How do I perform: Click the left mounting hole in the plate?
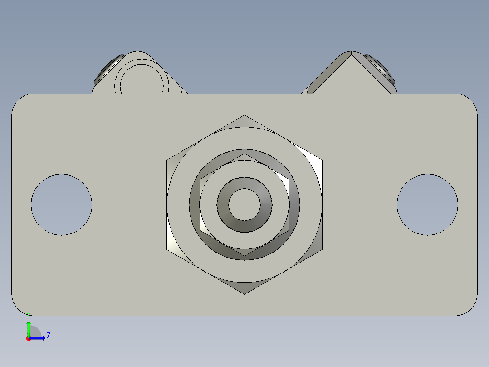(61, 204)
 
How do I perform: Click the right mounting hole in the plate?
(427, 204)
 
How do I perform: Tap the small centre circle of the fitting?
(244, 204)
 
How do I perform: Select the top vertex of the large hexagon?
(244, 115)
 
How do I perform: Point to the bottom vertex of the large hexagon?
(244, 294)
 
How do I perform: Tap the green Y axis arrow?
(29, 328)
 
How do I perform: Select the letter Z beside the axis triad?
(49, 336)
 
